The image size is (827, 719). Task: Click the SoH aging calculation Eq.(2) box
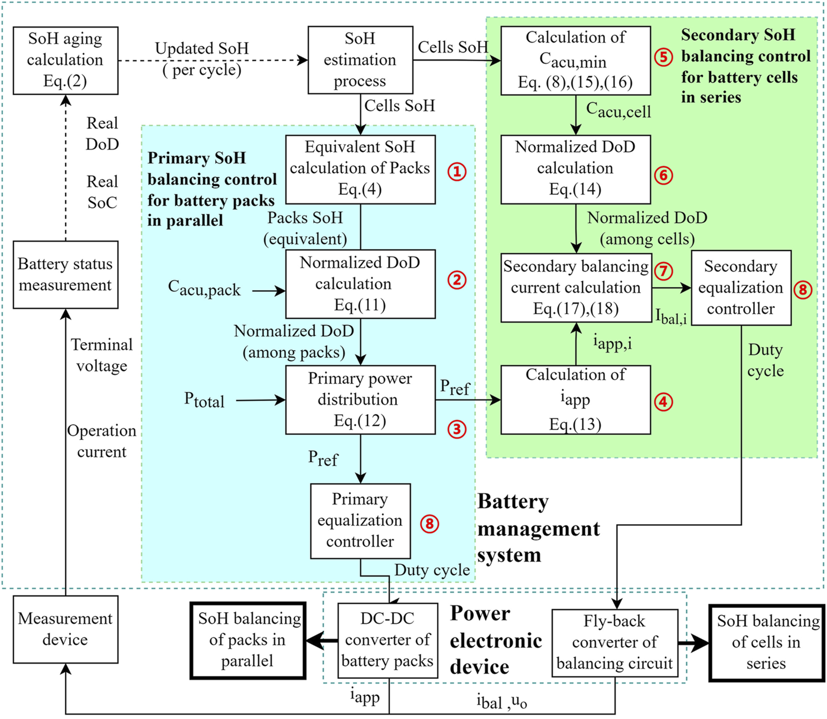pyautogui.click(x=65, y=60)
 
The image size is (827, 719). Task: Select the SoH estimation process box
pyautogui.click(x=360, y=60)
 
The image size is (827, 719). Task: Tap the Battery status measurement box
pyautogui.click(x=65, y=275)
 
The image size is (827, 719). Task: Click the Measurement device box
pyautogui.click(x=65, y=629)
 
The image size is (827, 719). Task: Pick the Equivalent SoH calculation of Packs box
pyautogui.click(x=360, y=169)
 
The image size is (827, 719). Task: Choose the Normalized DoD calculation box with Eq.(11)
pyautogui.click(x=360, y=284)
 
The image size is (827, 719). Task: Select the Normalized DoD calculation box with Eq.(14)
pyautogui.click(x=575, y=169)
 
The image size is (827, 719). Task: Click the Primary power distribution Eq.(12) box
pyautogui.click(x=360, y=400)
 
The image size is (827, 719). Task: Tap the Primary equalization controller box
pyautogui.click(x=360, y=520)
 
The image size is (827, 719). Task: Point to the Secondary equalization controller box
pyautogui.click(x=740, y=288)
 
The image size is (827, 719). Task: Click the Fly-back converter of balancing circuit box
pyautogui.click(x=614, y=643)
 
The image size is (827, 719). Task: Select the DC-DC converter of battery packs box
pyautogui.click(x=388, y=640)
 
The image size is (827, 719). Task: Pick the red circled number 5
pyautogui.click(x=663, y=57)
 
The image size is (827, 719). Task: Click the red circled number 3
pyautogui.click(x=457, y=430)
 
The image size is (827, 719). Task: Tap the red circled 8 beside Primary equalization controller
pyautogui.click(x=429, y=523)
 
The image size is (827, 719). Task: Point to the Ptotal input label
pyautogui.click(x=204, y=401)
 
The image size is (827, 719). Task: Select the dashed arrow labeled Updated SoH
pyautogui.click(x=213, y=60)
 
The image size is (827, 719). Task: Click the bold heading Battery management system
pyautogui.click(x=538, y=528)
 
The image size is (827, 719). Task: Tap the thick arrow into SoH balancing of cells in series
pyautogui.click(x=693, y=643)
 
